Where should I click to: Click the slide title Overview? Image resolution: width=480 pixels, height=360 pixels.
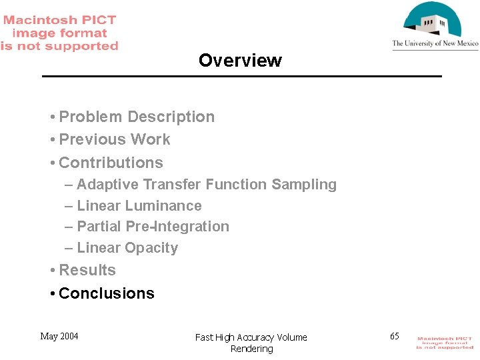pyautogui.click(x=240, y=61)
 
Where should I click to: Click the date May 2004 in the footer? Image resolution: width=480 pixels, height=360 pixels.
pyautogui.click(x=59, y=336)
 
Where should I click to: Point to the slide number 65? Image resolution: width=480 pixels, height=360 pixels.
pyautogui.click(x=395, y=336)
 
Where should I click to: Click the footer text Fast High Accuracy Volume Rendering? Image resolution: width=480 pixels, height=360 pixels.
pyautogui.click(x=251, y=343)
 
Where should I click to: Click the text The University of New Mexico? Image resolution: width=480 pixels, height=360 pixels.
pyautogui.click(x=435, y=44)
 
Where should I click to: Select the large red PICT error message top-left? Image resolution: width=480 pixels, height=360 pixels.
pyautogui.click(x=59, y=33)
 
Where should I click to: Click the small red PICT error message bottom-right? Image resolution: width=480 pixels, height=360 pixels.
pyautogui.click(x=445, y=343)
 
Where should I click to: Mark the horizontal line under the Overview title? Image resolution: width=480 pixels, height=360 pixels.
pyautogui.click(x=241, y=77)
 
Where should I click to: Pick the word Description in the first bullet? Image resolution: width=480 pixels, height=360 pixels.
pyautogui.click(x=171, y=117)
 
